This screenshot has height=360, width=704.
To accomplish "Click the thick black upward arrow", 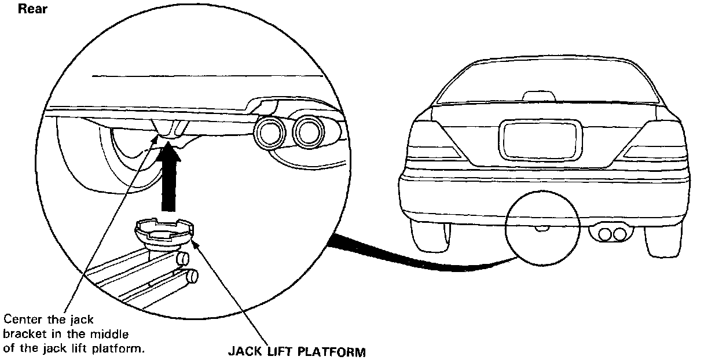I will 168,179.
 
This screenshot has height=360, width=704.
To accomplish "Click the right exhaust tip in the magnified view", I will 307,131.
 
